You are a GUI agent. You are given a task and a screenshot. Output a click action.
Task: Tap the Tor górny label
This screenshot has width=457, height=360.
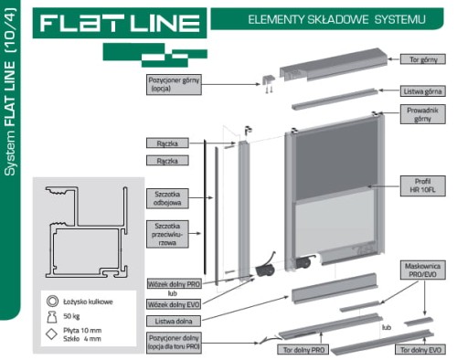[x=421, y=59]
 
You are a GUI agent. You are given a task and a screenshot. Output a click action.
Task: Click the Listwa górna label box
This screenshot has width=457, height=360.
[x=421, y=92]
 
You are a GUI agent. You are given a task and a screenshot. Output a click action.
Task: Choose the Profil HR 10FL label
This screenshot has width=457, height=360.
[x=421, y=187]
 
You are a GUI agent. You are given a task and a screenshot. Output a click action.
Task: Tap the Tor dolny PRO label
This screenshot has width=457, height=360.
[x=303, y=350]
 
